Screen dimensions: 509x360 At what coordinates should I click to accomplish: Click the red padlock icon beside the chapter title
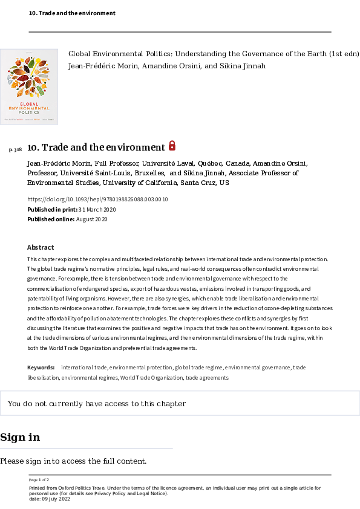click(x=172, y=146)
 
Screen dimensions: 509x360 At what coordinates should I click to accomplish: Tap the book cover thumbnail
click(x=29, y=86)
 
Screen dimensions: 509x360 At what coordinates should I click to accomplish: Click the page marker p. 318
click(x=16, y=149)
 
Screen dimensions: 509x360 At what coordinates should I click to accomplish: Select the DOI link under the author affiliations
click(x=97, y=199)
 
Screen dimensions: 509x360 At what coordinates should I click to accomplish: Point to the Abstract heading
click(x=41, y=247)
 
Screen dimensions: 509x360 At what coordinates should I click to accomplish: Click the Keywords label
click(x=41, y=368)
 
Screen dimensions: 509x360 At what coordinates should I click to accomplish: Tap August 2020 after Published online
click(x=92, y=219)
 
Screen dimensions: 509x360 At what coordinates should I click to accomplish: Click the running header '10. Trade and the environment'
click(x=72, y=13)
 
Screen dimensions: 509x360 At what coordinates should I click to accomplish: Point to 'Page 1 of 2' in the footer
click(x=39, y=479)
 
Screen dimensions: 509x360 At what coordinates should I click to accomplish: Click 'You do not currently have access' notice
click(x=97, y=404)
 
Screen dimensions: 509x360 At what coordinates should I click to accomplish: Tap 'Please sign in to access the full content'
click(x=73, y=461)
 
